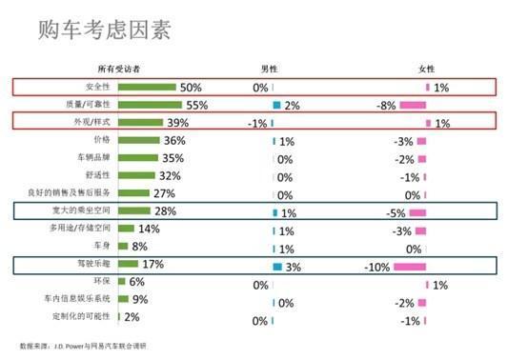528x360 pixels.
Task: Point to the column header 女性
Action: (x=426, y=70)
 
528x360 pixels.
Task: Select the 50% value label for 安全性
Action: (x=192, y=88)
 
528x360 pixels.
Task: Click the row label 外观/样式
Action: (x=96, y=122)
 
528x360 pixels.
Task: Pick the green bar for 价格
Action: (x=139, y=140)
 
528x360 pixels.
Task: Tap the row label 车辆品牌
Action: (x=95, y=157)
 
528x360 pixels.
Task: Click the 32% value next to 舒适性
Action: (x=170, y=175)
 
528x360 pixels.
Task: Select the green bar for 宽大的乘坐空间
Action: (x=134, y=210)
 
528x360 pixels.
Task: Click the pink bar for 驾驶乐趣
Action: (x=411, y=266)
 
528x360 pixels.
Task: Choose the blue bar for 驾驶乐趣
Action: (x=277, y=266)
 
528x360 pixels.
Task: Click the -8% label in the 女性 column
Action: (x=386, y=106)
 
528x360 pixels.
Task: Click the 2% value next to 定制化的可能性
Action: (x=132, y=317)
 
